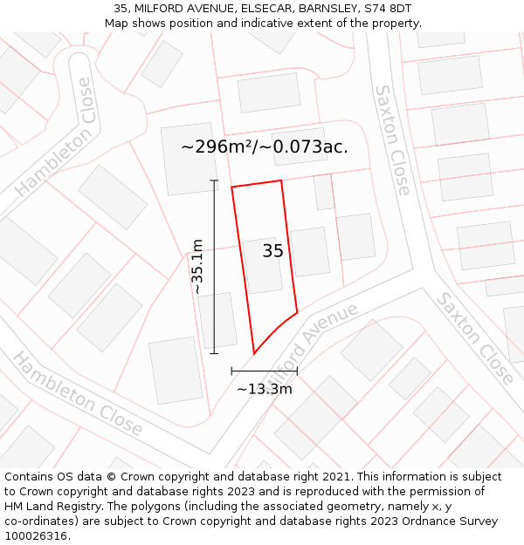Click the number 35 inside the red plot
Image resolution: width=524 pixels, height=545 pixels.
click(272, 251)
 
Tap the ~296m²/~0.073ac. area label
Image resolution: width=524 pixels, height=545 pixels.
click(264, 146)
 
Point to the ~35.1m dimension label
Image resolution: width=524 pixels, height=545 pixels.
click(198, 266)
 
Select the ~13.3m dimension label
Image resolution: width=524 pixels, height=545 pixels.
click(264, 389)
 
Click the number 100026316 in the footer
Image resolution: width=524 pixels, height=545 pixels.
click(38, 535)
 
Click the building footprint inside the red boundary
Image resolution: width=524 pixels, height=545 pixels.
click(262, 265)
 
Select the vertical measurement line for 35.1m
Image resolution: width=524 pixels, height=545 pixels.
click(214, 266)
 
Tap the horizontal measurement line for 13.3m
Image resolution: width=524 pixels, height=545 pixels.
click(264, 371)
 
